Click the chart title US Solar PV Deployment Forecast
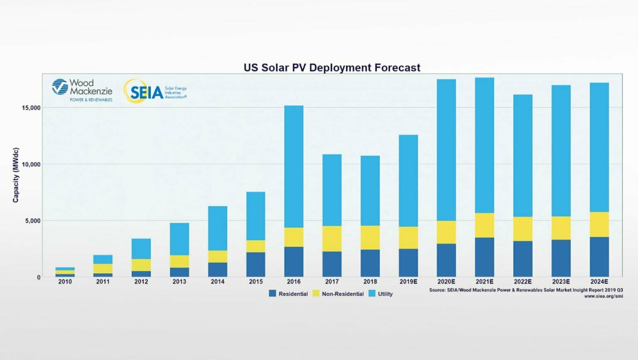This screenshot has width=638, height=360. click(331, 68)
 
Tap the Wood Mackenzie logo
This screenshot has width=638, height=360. click(82, 90)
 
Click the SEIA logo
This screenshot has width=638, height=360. click(154, 91)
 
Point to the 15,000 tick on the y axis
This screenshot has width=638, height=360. click(31, 108)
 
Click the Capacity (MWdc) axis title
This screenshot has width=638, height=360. click(16, 175)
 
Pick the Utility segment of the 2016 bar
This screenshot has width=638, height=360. click(294, 166)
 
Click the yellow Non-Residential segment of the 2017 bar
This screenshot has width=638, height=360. click(332, 239)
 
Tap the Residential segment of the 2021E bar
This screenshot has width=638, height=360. click(484, 257)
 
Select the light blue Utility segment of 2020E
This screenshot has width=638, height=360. click(446, 149)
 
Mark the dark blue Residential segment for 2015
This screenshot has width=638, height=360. click(255, 264)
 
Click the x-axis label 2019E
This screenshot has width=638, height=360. click(408, 282)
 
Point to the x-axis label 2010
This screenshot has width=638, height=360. click(65, 282)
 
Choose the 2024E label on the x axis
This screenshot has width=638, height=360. click(599, 282)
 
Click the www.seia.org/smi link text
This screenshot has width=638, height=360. click(603, 296)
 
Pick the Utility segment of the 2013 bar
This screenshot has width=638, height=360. click(179, 239)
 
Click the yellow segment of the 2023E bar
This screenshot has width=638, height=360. click(561, 228)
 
